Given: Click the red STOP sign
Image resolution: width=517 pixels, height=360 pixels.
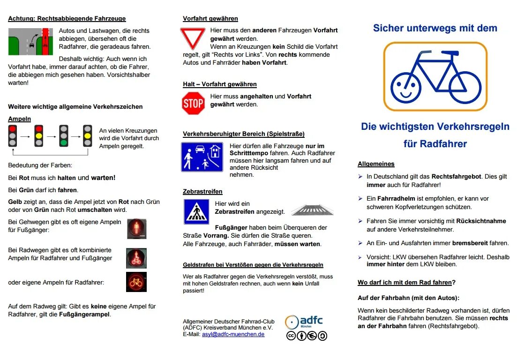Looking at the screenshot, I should click(193, 104).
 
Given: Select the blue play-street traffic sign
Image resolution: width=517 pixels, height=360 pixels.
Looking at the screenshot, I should click(202, 157).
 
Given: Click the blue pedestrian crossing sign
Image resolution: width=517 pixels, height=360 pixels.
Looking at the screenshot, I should click(196, 211).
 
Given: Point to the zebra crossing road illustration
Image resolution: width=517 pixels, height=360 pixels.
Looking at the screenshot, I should click(313, 210).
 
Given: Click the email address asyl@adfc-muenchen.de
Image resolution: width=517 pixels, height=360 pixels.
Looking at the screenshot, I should click(233, 334).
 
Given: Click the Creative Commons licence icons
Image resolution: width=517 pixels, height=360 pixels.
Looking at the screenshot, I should click(307, 336).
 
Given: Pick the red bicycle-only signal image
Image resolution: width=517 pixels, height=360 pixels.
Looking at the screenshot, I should click(136, 282).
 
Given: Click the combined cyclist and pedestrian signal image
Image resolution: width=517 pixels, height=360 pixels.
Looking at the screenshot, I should click(136, 258).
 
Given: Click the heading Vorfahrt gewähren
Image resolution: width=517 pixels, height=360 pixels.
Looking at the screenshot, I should click(210, 19).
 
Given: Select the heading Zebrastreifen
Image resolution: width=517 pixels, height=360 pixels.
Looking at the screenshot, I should click(202, 192).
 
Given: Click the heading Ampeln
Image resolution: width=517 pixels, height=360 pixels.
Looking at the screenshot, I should click(19, 119).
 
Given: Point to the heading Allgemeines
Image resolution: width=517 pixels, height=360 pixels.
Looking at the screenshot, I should click(376, 164).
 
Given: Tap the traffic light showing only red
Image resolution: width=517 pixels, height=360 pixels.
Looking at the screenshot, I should click(13, 135).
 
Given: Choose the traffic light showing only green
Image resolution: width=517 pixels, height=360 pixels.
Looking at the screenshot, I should click(63, 135).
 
